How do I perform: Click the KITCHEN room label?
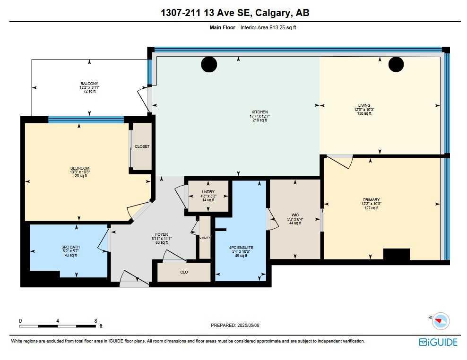259,112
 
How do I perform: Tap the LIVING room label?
363,105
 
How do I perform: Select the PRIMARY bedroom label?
371,200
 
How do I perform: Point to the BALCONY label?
89,84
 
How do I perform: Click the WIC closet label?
295,215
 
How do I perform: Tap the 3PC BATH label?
69,247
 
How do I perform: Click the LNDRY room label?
208,192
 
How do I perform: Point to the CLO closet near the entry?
184,272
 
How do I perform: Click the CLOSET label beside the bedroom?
142,146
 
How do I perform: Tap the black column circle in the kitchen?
208,64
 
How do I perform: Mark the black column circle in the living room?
396,64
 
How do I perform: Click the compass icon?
441,321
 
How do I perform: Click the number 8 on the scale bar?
96,320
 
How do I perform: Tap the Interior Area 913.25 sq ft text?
268,27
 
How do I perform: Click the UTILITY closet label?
205,238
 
